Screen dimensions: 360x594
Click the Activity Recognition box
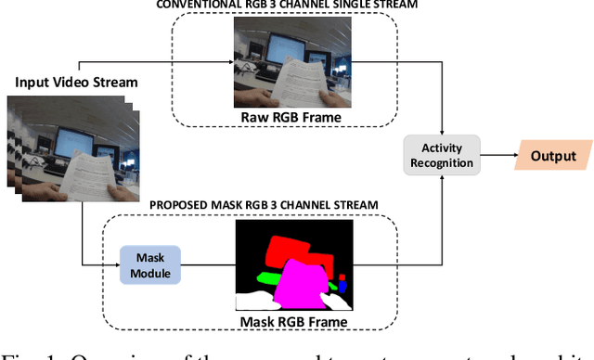pos(441,154)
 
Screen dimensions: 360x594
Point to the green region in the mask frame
pos(268,276)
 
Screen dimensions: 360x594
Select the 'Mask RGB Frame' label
pos(293,323)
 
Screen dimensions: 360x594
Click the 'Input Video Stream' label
pos(76,83)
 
